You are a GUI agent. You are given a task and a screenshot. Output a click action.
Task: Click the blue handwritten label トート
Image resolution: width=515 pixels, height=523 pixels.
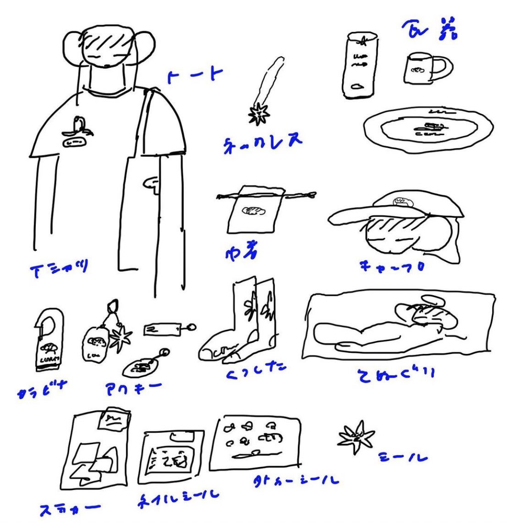(194, 76)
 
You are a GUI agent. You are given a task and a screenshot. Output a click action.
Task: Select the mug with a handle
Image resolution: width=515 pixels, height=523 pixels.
(424, 68)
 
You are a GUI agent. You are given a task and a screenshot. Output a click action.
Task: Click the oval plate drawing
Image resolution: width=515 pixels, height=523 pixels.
(428, 129)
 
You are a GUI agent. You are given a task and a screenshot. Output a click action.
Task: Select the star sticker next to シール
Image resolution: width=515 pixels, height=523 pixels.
(356, 438)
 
